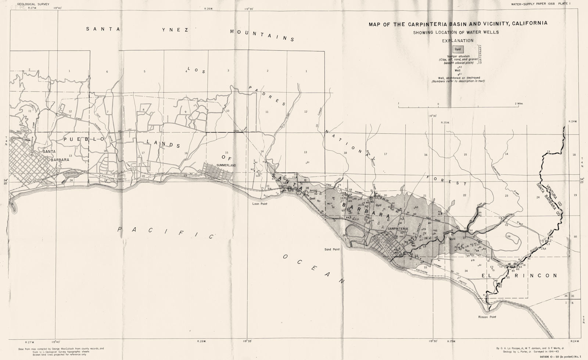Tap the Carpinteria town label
[x=398, y=229]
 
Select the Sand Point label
[x=332, y=249]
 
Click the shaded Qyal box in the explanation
[x=458, y=48]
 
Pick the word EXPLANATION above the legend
[x=458, y=41]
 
